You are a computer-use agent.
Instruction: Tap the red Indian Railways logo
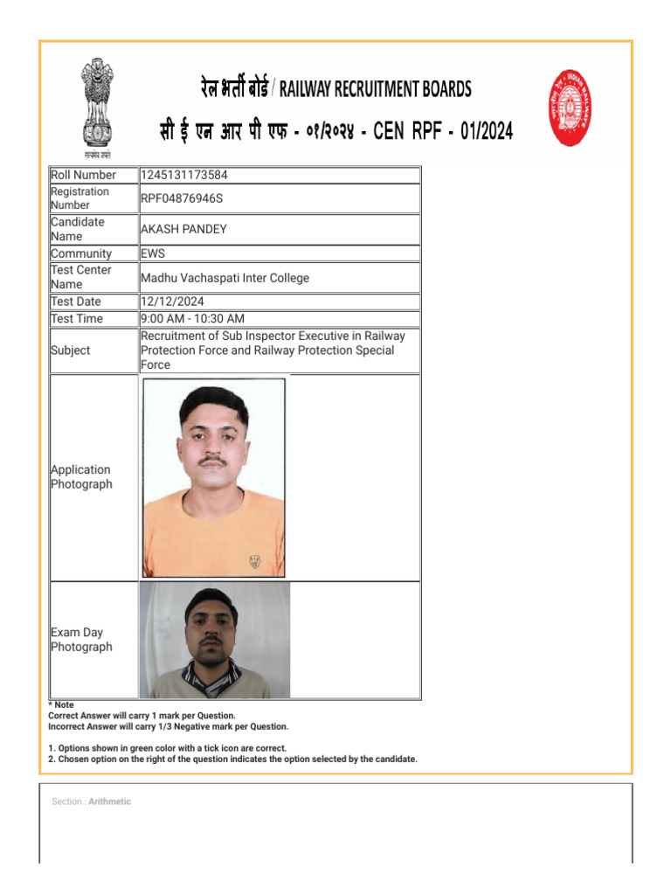point(571,108)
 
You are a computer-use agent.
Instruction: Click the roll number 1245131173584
point(183,175)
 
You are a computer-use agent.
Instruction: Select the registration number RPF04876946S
point(182,198)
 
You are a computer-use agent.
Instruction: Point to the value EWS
point(153,253)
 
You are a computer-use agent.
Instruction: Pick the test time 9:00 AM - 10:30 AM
point(192,319)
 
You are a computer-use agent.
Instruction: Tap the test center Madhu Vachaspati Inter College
point(225,278)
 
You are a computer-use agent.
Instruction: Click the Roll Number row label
point(83,175)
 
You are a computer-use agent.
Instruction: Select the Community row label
point(81,253)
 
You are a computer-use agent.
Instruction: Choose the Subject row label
point(70,350)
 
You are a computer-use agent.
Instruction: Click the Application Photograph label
point(81,476)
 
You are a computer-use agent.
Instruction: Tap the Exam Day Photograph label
point(81,640)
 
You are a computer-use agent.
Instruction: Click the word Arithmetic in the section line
point(109,801)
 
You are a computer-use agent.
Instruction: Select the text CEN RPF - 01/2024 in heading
point(443,132)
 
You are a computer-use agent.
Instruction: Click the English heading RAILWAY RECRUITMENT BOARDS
point(375,89)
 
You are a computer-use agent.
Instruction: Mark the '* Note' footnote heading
point(61,704)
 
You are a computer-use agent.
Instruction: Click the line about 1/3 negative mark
point(168,726)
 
